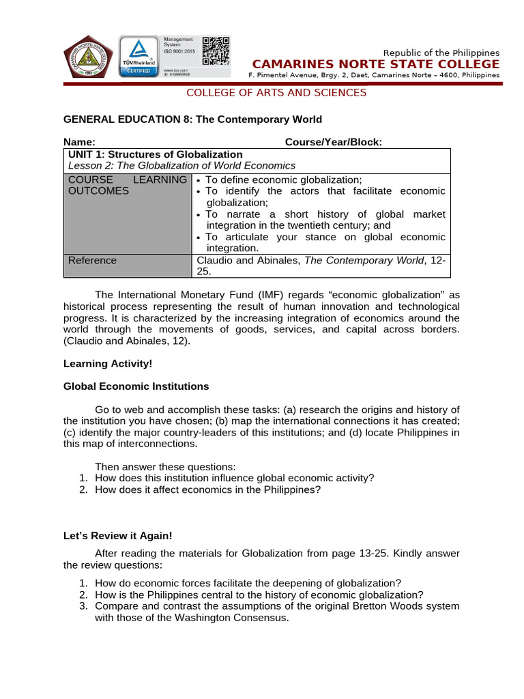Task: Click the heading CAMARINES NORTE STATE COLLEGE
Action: (x=376, y=64)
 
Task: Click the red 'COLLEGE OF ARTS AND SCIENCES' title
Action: (x=277, y=93)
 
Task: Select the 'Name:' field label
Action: (x=77, y=141)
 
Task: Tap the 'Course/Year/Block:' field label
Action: (x=333, y=141)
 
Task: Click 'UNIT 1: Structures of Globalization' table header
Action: (x=156, y=154)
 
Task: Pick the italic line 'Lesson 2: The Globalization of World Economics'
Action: (x=182, y=165)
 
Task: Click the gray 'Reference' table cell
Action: (x=92, y=260)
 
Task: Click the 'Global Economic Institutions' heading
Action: (x=136, y=386)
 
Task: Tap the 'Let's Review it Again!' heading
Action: (x=117, y=536)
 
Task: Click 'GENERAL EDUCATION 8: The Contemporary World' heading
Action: (x=192, y=119)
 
